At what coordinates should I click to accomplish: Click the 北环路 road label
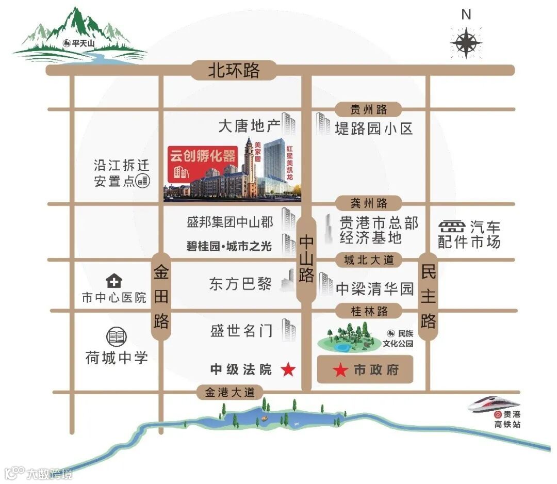(x=234, y=70)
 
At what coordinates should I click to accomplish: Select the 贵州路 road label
(x=368, y=109)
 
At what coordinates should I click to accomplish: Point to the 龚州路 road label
(x=368, y=203)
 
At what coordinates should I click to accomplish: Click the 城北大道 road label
(x=368, y=260)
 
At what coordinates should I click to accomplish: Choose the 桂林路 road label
(x=368, y=311)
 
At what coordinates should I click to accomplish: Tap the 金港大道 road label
(x=230, y=392)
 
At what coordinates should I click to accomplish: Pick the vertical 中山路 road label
(x=306, y=259)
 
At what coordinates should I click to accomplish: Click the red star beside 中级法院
(x=288, y=369)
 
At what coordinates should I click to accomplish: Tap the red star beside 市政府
(x=340, y=370)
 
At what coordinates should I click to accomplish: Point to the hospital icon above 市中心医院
(x=113, y=281)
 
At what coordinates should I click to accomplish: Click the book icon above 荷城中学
(x=116, y=337)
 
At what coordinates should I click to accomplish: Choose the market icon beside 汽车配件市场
(x=451, y=227)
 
